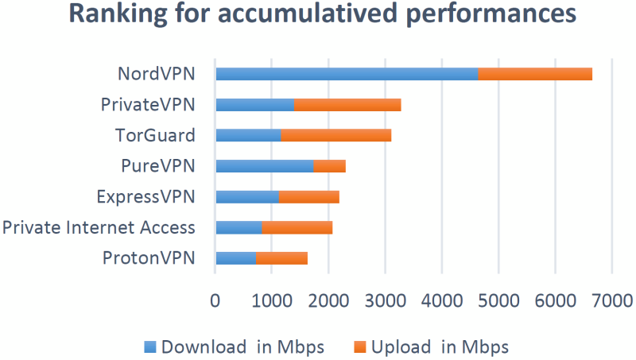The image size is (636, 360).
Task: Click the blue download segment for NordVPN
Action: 347,74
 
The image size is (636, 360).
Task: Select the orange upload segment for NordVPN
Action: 535,74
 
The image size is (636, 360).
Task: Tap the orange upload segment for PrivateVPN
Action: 347,105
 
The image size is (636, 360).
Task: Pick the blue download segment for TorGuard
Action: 248,135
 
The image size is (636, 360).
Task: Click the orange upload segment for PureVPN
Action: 329,166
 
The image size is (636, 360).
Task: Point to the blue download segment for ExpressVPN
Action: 247,197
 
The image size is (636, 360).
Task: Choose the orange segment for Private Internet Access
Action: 297,228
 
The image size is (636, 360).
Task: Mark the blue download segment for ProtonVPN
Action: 235,258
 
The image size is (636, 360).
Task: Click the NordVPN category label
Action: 156,74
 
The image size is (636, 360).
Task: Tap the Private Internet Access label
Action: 99,228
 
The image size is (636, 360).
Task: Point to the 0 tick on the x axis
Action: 215,300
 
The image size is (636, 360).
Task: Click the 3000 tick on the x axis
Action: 385,300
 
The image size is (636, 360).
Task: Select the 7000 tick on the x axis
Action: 611,300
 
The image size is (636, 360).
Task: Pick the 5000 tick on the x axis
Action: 498,300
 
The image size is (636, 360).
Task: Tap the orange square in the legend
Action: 359,346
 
